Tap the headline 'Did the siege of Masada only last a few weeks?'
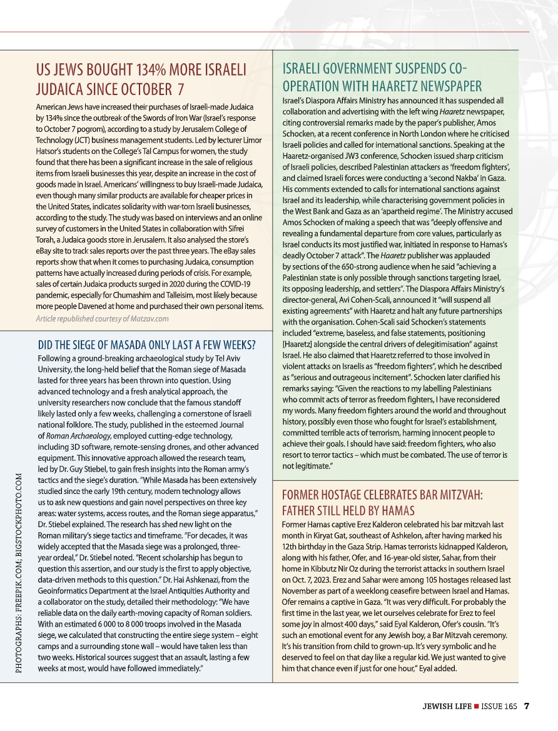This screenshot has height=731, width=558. point(146,345)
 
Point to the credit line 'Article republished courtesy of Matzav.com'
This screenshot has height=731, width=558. point(102,318)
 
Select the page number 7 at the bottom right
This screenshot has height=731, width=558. point(527,706)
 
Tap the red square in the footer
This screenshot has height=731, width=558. point(476,707)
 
